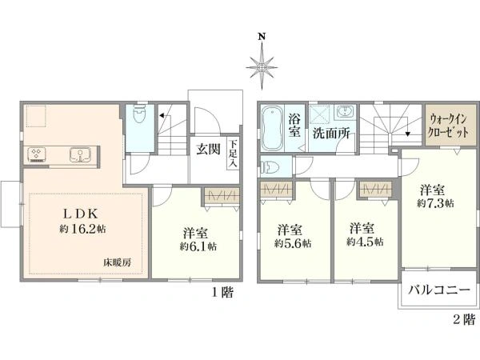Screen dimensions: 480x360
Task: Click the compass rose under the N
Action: click(x=262, y=67)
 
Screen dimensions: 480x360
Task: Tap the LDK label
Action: click(x=81, y=214)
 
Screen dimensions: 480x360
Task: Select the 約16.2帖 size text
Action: click(x=82, y=229)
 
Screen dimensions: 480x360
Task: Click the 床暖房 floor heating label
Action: click(x=118, y=262)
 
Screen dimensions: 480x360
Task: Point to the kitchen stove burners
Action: click(x=37, y=154)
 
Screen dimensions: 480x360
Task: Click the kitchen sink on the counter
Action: click(x=80, y=154)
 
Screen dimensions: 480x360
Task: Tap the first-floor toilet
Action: click(x=139, y=114)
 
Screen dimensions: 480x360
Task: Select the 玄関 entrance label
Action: click(x=208, y=149)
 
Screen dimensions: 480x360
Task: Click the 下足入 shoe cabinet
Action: click(x=234, y=154)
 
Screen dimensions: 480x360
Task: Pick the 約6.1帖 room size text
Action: click(x=198, y=246)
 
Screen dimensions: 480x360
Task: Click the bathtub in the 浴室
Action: click(x=272, y=128)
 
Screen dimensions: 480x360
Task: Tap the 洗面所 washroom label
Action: click(x=331, y=134)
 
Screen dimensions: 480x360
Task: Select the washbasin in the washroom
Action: click(x=346, y=111)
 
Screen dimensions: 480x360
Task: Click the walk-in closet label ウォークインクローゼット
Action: click(x=448, y=126)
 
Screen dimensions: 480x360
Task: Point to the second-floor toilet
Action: click(x=270, y=167)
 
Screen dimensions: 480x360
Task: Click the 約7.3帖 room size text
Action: click(x=435, y=203)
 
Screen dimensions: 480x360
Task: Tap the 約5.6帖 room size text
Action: click(x=293, y=243)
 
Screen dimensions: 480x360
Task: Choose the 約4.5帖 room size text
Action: click(x=365, y=242)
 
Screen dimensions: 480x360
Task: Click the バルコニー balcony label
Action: click(x=439, y=290)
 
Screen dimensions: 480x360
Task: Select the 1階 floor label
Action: click(x=223, y=293)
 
